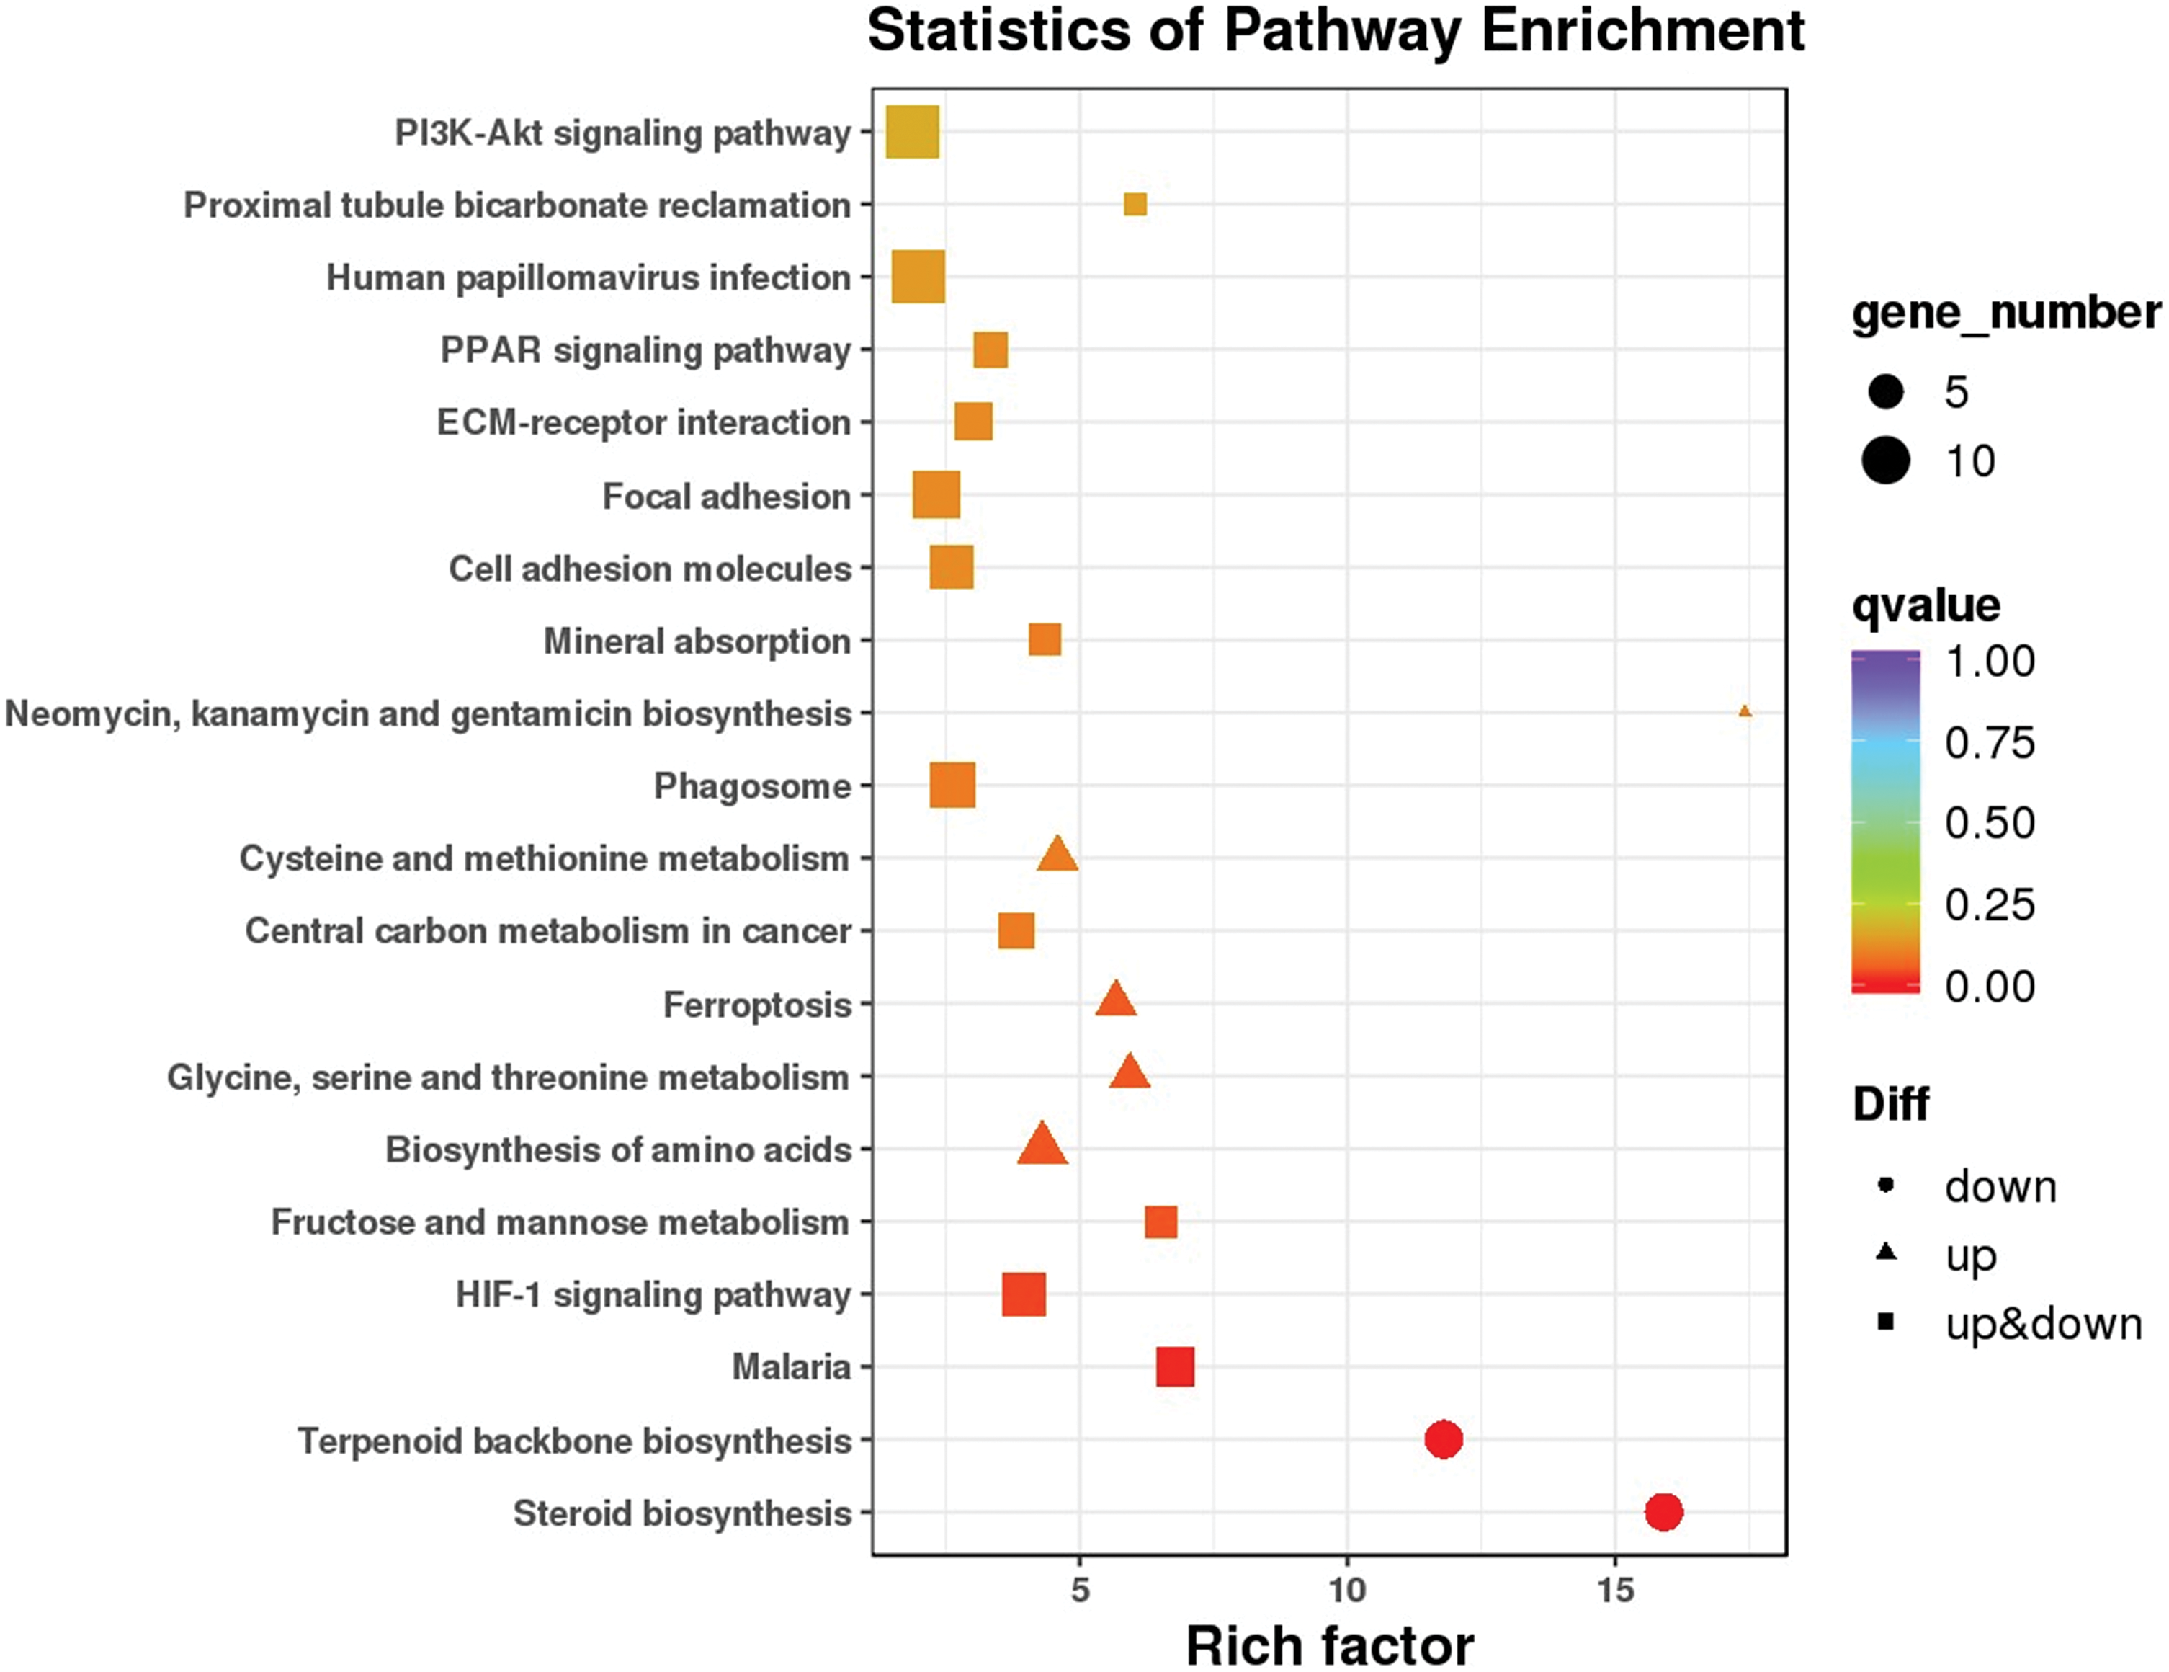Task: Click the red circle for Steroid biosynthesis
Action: point(1663,1512)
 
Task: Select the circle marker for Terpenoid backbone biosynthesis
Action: point(1443,1438)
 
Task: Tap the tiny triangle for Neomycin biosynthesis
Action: point(1745,711)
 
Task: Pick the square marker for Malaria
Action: point(1175,1367)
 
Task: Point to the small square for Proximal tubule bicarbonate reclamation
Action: point(1135,205)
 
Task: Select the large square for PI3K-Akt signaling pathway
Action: point(912,132)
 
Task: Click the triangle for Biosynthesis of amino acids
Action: point(1042,1145)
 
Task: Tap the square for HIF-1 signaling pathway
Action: point(1024,1294)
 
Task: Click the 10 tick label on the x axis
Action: point(1346,1591)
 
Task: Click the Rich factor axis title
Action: point(1329,1645)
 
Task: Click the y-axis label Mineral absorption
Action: point(696,641)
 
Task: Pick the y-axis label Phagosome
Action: point(752,786)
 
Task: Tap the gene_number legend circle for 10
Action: point(1886,461)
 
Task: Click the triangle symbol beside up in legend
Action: point(1886,1253)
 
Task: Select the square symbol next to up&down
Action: point(1886,1321)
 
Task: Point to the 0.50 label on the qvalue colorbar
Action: point(1989,822)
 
